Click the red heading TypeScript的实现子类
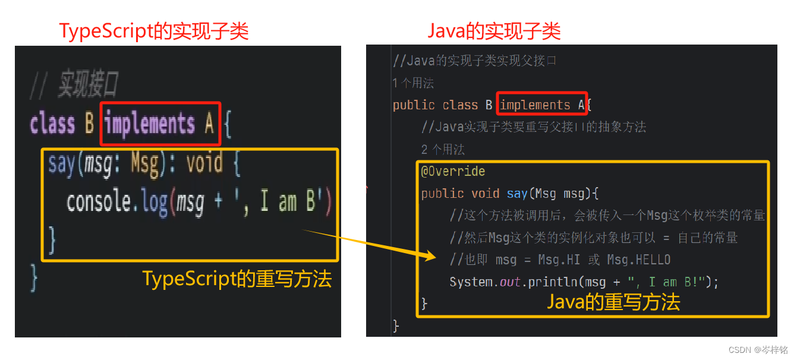click(153, 31)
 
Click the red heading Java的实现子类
click(494, 31)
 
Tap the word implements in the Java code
click(535, 105)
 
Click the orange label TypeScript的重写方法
click(237, 279)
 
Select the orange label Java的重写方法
click(613, 302)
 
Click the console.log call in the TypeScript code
click(116, 203)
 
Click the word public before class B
click(414, 105)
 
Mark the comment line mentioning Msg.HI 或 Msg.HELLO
click(560, 260)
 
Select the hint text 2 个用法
click(443, 150)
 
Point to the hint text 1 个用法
click(413, 83)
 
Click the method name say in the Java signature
click(517, 194)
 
